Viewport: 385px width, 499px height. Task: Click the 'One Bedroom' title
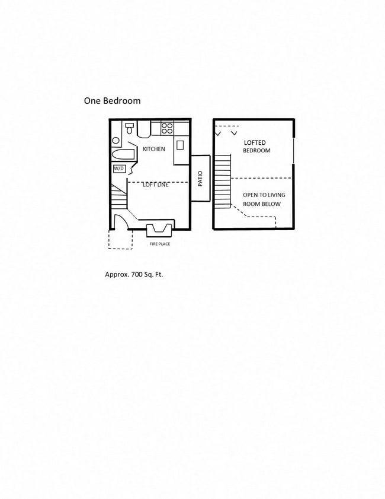(112, 101)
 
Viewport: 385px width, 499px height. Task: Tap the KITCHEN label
(154, 149)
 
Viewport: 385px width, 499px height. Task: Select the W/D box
(119, 169)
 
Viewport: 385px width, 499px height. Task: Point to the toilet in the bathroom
(129, 129)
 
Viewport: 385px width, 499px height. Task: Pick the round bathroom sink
(115, 141)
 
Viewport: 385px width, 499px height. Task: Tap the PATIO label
(200, 179)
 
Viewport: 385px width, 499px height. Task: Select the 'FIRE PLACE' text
(159, 243)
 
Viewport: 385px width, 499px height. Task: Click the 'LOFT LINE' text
(156, 185)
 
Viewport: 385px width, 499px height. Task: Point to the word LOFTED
(255, 143)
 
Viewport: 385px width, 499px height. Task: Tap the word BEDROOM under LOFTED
(256, 151)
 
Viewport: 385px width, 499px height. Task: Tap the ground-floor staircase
(118, 196)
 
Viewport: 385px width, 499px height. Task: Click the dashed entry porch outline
(120, 240)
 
